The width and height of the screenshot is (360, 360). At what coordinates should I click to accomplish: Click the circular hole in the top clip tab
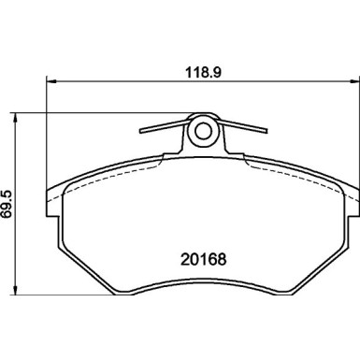tap(202, 133)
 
